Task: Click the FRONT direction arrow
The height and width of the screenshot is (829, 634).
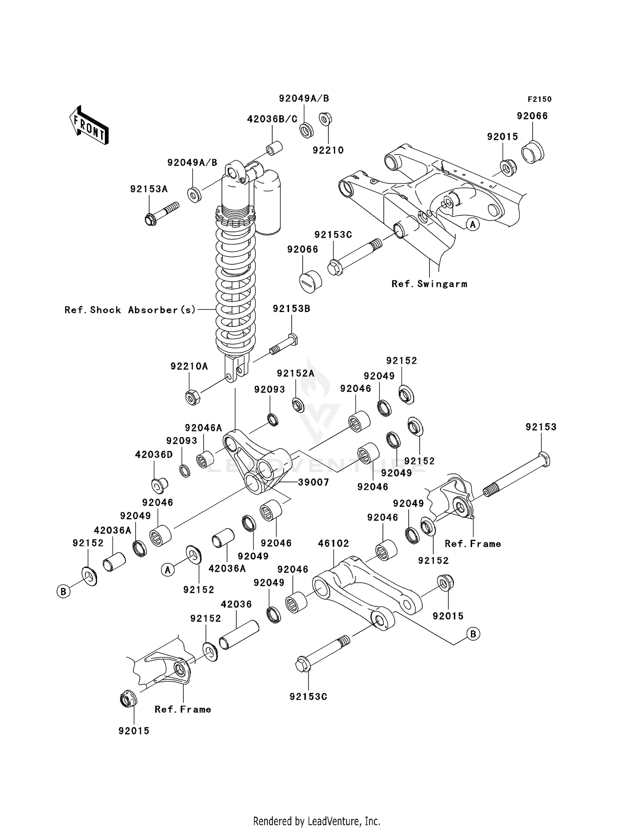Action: [89, 125]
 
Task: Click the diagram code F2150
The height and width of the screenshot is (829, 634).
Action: [539, 99]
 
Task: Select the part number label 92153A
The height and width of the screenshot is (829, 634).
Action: [149, 189]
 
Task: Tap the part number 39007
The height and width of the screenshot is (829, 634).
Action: [313, 482]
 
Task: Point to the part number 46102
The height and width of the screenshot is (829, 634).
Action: [333, 543]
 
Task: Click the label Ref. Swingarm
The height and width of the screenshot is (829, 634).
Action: [429, 284]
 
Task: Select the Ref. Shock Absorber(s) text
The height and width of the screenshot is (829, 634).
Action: [130, 310]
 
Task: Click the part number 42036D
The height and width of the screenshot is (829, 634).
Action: [154, 455]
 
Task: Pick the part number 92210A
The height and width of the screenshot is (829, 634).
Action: [189, 366]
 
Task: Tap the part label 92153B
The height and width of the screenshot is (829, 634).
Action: [291, 309]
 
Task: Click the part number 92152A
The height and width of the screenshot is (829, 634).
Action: [295, 373]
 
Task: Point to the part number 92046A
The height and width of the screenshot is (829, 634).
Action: [203, 428]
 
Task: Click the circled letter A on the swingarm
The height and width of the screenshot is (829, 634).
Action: [473, 224]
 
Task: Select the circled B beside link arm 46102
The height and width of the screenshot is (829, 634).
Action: [473, 633]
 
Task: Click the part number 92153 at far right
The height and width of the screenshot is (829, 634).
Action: [541, 427]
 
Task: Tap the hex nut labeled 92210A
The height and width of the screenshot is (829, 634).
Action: [192, 397]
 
